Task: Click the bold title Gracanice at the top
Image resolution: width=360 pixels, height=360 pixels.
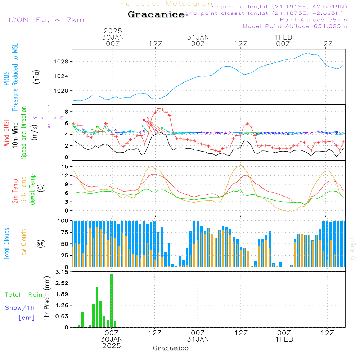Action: (x=156, y=15)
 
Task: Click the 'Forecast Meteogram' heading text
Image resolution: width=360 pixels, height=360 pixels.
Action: (x=168, y=4)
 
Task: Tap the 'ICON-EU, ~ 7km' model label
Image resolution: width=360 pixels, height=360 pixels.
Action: (x=46, y=20)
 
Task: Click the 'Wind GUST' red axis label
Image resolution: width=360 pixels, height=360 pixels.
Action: (x=7, y=134)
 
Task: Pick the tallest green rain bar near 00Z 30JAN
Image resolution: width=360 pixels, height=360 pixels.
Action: (x=112, y=300)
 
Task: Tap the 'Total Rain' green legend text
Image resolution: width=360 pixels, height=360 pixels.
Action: (x=24, y=295)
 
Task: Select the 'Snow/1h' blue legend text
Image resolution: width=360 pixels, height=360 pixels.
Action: (x=20, y=308)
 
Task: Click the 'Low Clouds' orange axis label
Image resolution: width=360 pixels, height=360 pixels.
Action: (x=24, y=243)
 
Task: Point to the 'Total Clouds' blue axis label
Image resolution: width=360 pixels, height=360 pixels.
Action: (x=7, y=243)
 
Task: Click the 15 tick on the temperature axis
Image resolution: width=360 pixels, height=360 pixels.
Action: (x=65, y=167)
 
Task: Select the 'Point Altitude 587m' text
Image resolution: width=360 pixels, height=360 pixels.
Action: (x=313, y=20)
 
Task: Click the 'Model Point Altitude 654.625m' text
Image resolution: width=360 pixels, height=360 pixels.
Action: (x=295, y=26)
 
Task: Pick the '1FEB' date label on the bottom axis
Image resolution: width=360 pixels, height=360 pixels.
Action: (x=284, y=339)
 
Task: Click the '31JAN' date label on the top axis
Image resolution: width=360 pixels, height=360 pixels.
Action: (x=198, y=37)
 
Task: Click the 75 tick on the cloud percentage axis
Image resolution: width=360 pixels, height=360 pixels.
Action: (x=63, y=233)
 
